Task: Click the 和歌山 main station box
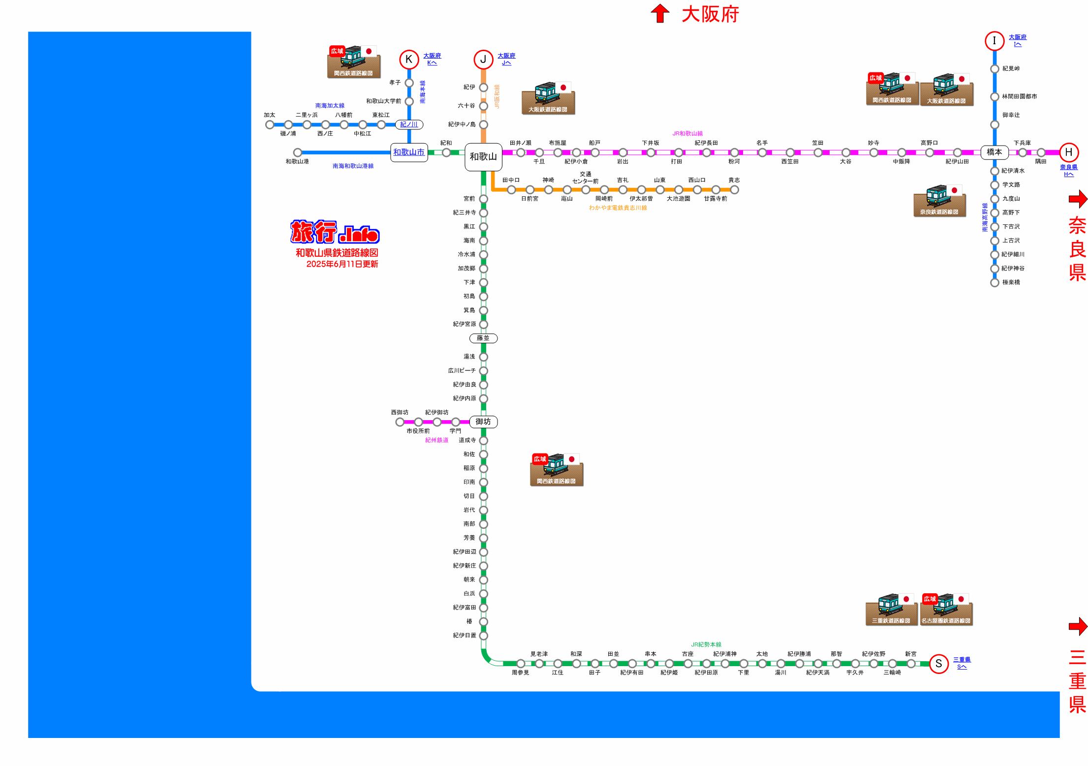(483, 157)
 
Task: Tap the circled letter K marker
(408, 60)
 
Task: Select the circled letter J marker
(483, 60)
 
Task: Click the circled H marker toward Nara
(1068, 153)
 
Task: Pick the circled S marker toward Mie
(938, 664)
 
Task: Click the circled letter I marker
(994, 41)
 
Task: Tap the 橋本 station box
(994, 153)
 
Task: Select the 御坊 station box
(483, 422)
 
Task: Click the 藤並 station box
(483, 338)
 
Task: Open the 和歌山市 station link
(408, 153)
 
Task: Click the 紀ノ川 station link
(408, 124)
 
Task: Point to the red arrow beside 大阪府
(660, 13)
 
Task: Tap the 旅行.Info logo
(335, 232)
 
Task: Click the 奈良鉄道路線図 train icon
(939, 201)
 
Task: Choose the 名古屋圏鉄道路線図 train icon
(946, 610)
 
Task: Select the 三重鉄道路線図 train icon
(891, 610)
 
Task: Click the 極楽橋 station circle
(994, 282)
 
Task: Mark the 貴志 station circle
(734, 190)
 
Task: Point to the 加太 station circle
(270, 124)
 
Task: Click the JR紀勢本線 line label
(706, 644)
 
